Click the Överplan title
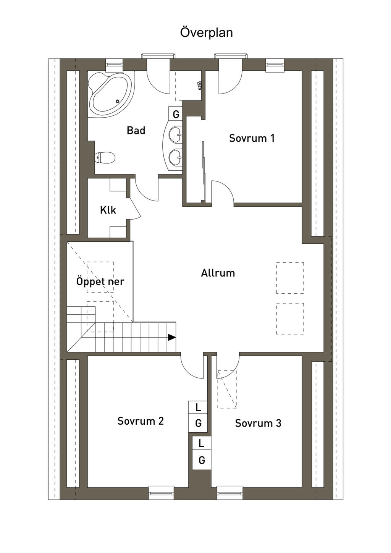tap(206, 33)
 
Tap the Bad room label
tap(136, 130)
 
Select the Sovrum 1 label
tap(252, 138)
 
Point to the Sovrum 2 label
tap(141, 421)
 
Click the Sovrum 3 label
tap(258, 423)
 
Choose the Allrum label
tap(218, 273)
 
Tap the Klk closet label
tap(108, 210)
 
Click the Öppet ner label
tap(100, 282)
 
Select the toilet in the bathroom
tap(105, 157)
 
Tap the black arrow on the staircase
tap(172, 337)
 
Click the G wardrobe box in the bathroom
tap(176, 114)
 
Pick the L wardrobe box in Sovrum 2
tap(198, 407)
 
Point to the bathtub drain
tap(118, 101)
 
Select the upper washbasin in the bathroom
tap(176, 135)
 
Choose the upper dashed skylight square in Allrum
tap(290, 278)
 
